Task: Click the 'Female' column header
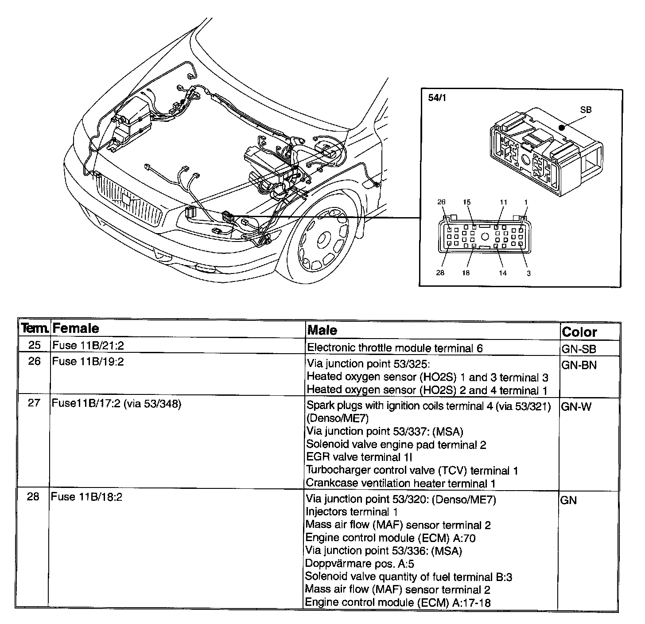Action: click(x=75, y=328)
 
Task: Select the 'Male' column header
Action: click(x=322, y=330)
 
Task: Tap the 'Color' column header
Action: click(x=579, y=332)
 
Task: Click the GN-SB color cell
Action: click(x=579, y=349)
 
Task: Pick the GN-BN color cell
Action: click(x=579, y=365)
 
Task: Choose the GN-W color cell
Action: click(x=576, y=406)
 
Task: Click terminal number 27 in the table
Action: click(x=34, y=403)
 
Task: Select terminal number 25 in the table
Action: click(x=34, y=345)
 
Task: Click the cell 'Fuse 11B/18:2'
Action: click(x=86, y=497)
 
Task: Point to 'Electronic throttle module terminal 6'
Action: click(x=395, y=348)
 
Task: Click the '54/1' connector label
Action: click(x=437, y=98)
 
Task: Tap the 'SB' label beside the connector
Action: click(x=586, y=110)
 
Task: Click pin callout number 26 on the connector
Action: click(x=441, y=202)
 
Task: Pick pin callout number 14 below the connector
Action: click(x=503, y=273)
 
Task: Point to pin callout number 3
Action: click(x=528, y=273)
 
